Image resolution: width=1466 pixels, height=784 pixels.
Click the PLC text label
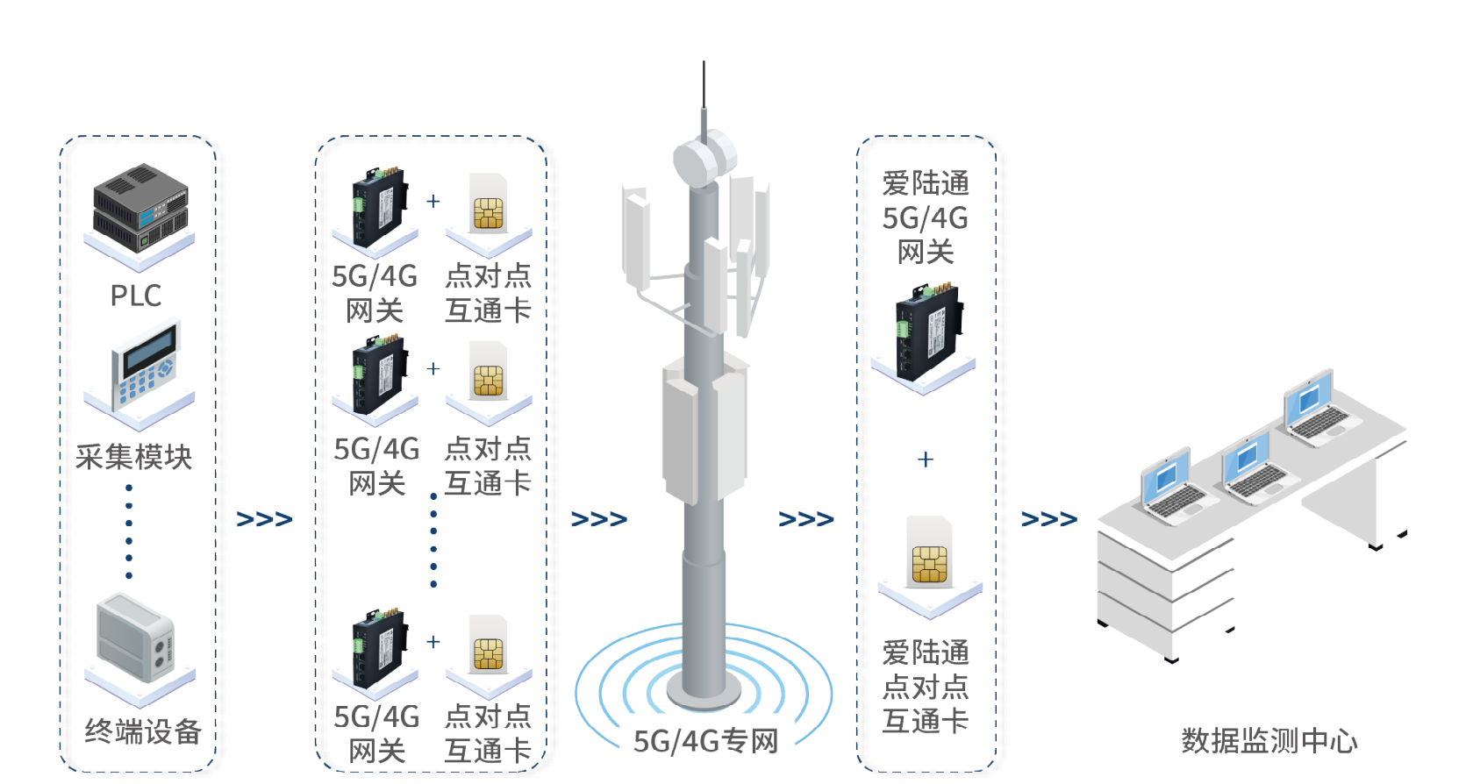click(x=136, y=295)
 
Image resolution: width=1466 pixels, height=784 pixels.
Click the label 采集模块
click(x=133, y=457)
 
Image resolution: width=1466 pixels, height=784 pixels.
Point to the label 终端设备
click(x=143, y=731)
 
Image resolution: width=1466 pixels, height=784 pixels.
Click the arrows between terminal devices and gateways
click(x=264, y=519)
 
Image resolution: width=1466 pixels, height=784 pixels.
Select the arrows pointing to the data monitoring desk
click(x=1048, y=519)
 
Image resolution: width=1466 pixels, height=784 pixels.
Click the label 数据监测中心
click(x=1269, y=741)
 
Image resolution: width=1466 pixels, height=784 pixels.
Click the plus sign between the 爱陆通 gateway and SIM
click(x=926, y=459)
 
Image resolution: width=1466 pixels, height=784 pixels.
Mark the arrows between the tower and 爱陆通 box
click(x=805, y=519)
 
